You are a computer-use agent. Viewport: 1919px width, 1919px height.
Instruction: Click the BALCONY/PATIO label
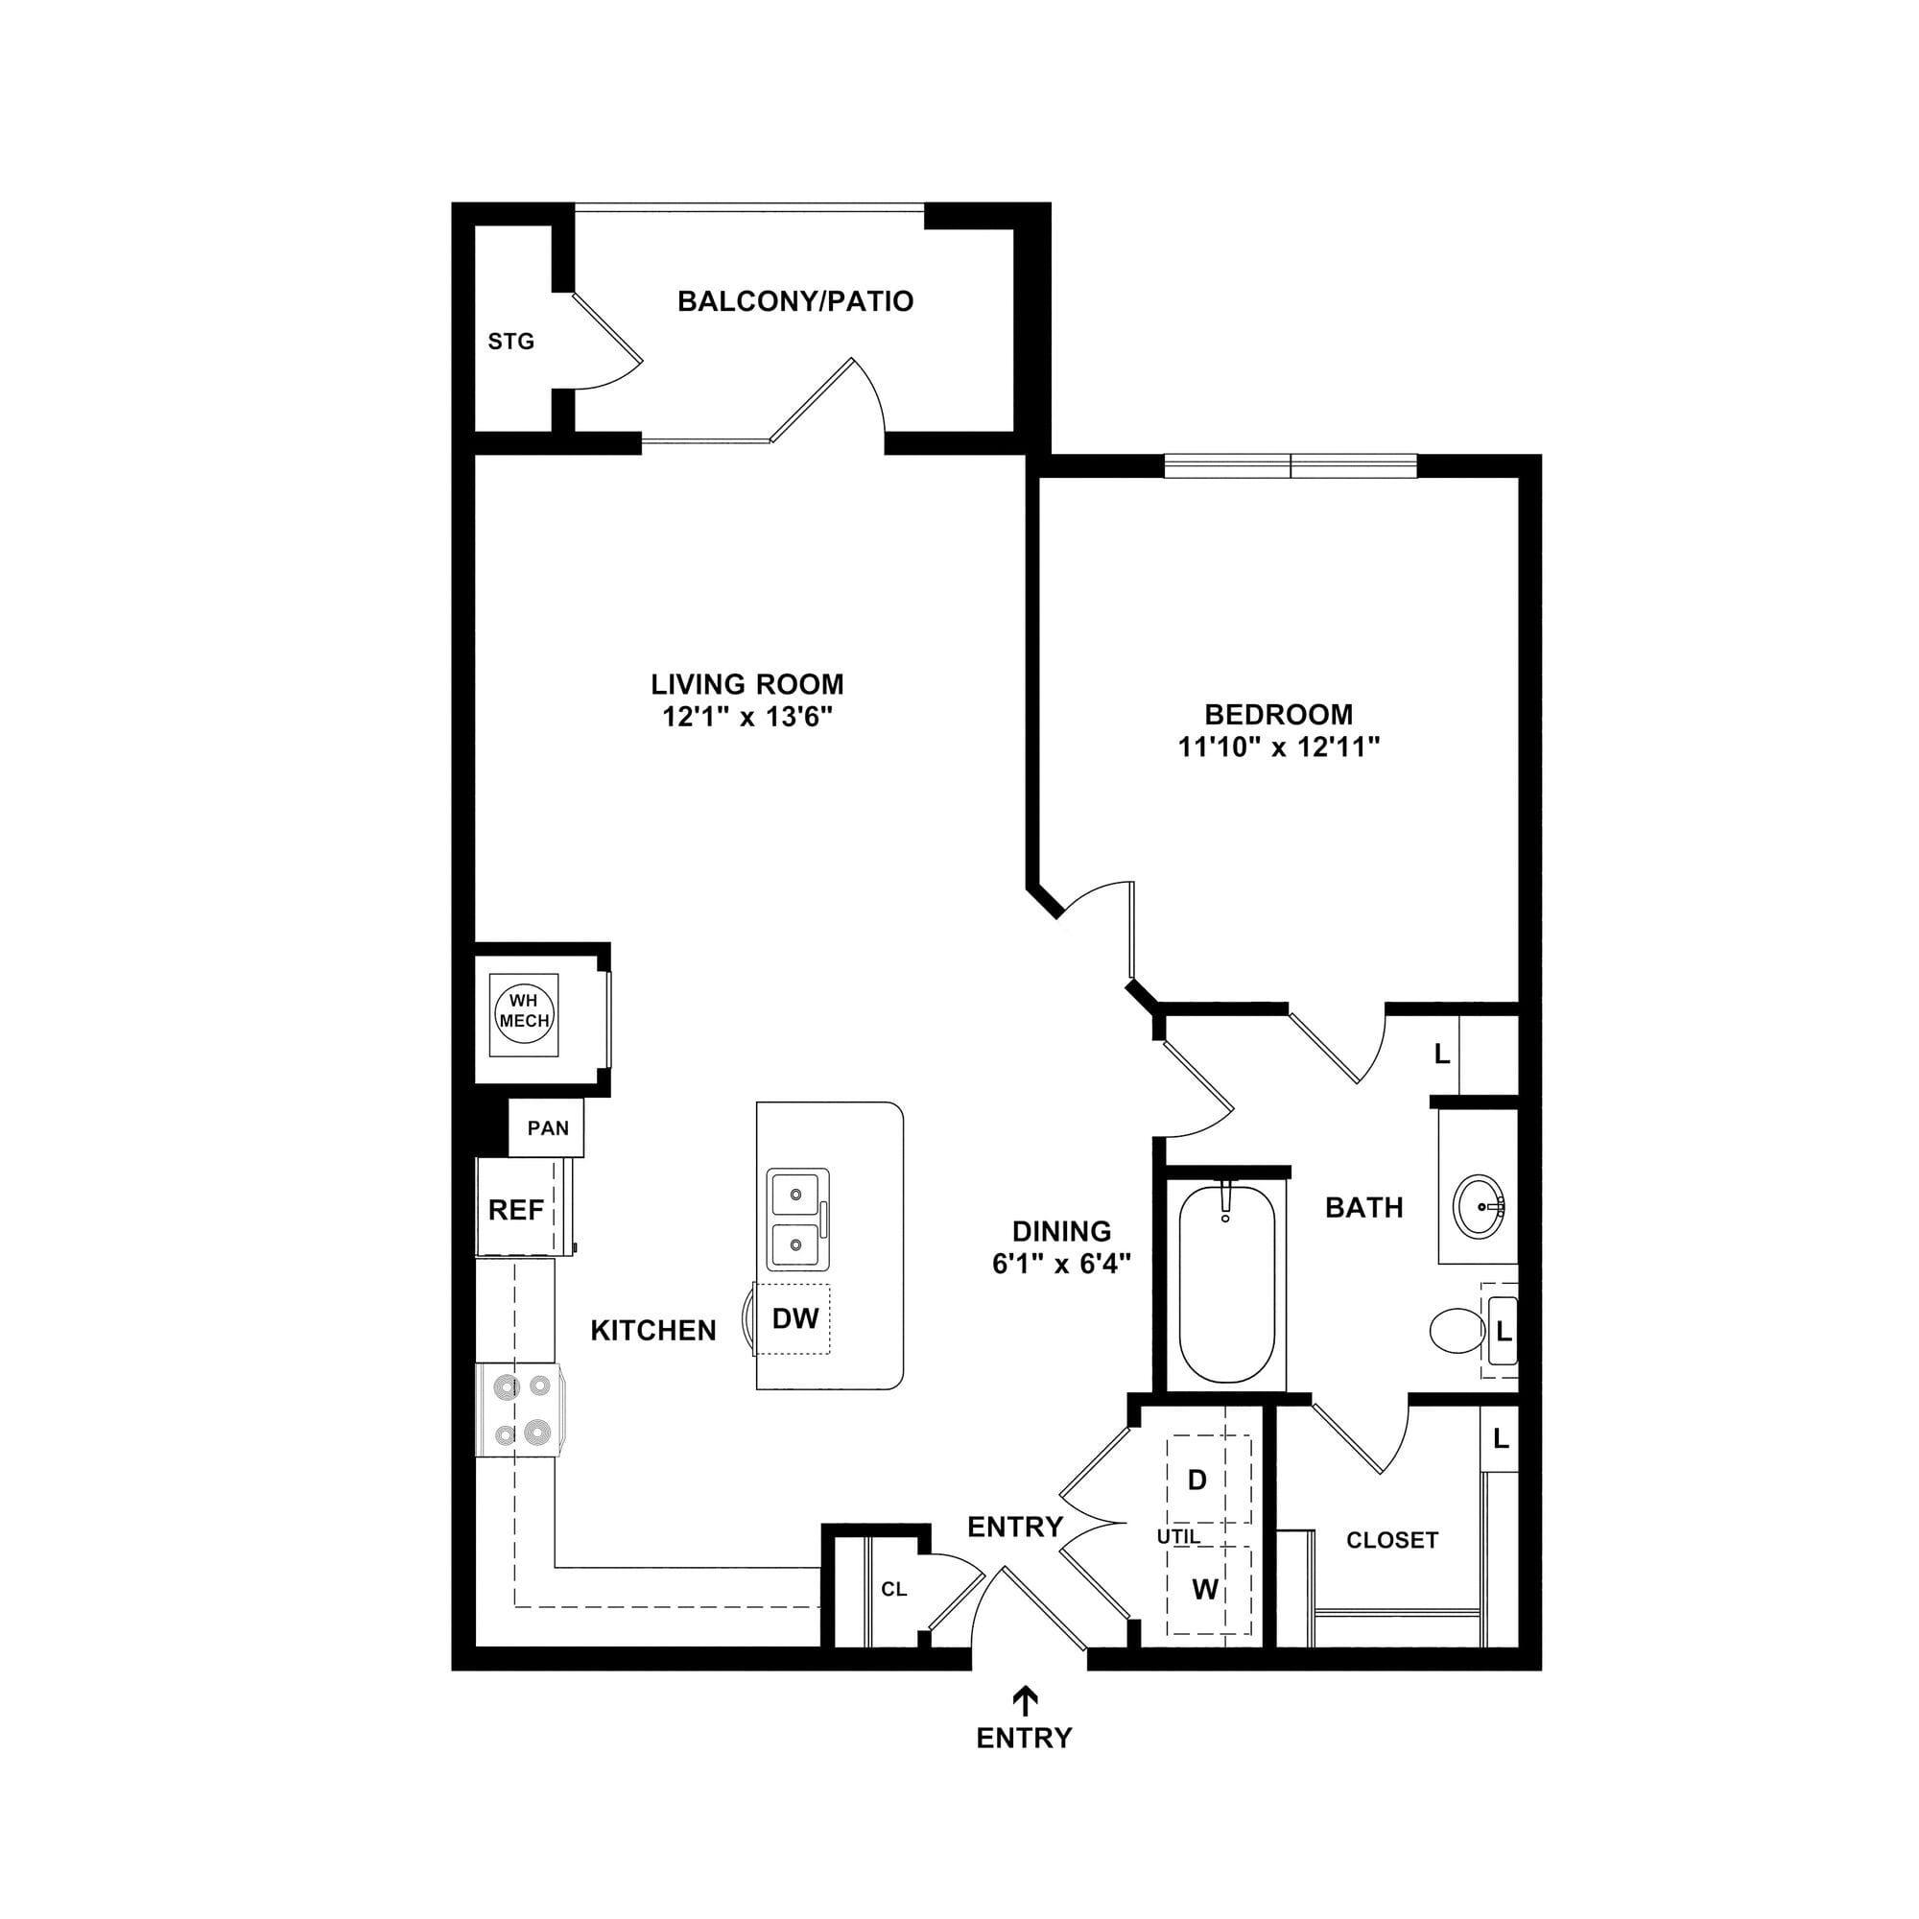pyautogui.click(x=794, y=301)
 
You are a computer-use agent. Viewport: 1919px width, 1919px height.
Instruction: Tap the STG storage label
pyautogui.click(x=510, y=342)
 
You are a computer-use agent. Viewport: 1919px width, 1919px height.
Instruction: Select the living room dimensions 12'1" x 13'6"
pyautogui.click(x=746, y=717)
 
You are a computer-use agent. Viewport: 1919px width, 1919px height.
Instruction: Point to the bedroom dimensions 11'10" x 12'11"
pyautogui.click(x=1279, y=746)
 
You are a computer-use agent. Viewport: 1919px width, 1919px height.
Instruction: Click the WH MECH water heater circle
pyautogui.click(x=525, y=1014)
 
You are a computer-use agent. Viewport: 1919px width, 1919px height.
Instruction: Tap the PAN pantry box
pyautogui.click(x=546, y=1127)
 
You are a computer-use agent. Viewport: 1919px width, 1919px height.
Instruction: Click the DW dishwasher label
pyautogui.click(x=795, y=1319)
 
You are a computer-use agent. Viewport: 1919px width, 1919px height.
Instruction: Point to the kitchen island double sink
pyautogui.click(x=797, y=1220)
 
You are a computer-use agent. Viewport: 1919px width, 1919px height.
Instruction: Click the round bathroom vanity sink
pyautogui.click(x=1479, y=1208)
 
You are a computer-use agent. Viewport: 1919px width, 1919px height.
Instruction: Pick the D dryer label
pyautogui.click(x=1197, y=1480)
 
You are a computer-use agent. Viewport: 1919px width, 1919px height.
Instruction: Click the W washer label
pyautogui.click(x=1205, y=1589)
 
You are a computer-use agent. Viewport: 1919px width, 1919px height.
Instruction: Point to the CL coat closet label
pyautogui.click(x=894, y=1589)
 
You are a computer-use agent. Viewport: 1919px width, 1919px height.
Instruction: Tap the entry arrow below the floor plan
pyautogui.click(x=1024, y=1699)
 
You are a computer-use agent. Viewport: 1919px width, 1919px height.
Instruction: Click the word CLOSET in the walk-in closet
pyautogui.click(x=1392, y=1541)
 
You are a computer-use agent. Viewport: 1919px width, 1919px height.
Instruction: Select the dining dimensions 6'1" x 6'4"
pyautogui.click(x=1062, y=1265)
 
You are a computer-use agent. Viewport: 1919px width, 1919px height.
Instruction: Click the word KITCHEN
pyautogui.click(x=653, y=1331)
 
